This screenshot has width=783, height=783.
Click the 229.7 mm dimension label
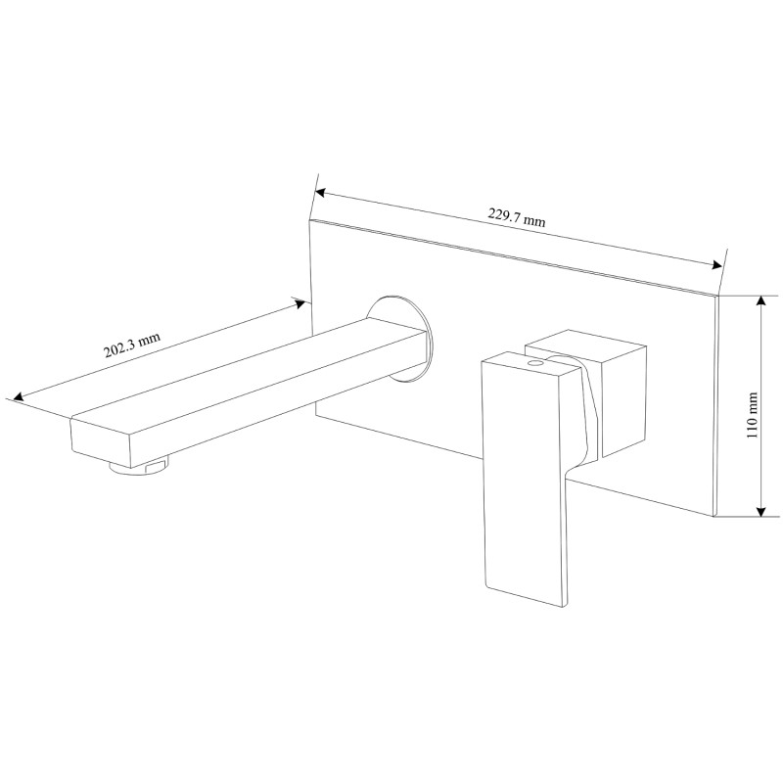(517, 217)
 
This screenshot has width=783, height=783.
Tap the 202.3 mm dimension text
(132, 345)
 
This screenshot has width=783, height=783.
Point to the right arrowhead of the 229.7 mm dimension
(716, 265)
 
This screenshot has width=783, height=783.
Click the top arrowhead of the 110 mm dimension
(761, 300)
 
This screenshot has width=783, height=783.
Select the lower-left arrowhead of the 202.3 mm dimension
(19, 397)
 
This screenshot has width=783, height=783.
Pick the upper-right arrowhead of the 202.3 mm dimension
(299, 303)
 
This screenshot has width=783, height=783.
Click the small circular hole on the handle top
(536, 363)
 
